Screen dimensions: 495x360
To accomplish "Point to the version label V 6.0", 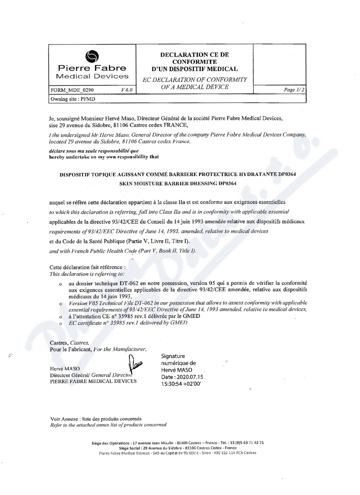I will tap(127, 90).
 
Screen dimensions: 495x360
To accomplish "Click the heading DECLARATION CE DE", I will tap(194, 54).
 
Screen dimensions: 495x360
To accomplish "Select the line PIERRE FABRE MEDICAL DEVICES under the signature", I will tap(93, 381).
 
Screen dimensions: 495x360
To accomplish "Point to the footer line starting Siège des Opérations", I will tap(177, 442).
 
